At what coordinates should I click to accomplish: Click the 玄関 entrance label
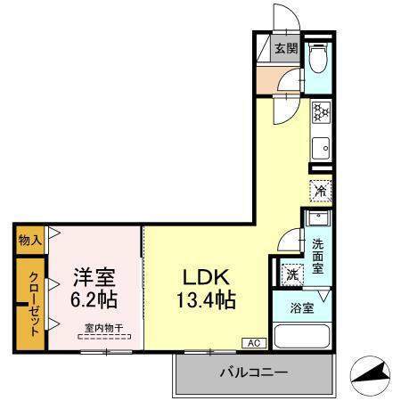click(x=285, y=50)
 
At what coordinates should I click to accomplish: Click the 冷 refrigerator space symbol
click(x=320, y=190)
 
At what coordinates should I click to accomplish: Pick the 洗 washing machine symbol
click(x=291, y=275)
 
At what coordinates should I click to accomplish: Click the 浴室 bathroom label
click(x=301, y=309)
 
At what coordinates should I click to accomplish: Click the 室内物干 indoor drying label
click(x=104, y=327)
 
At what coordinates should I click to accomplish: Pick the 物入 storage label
click(x=29, y=239)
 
